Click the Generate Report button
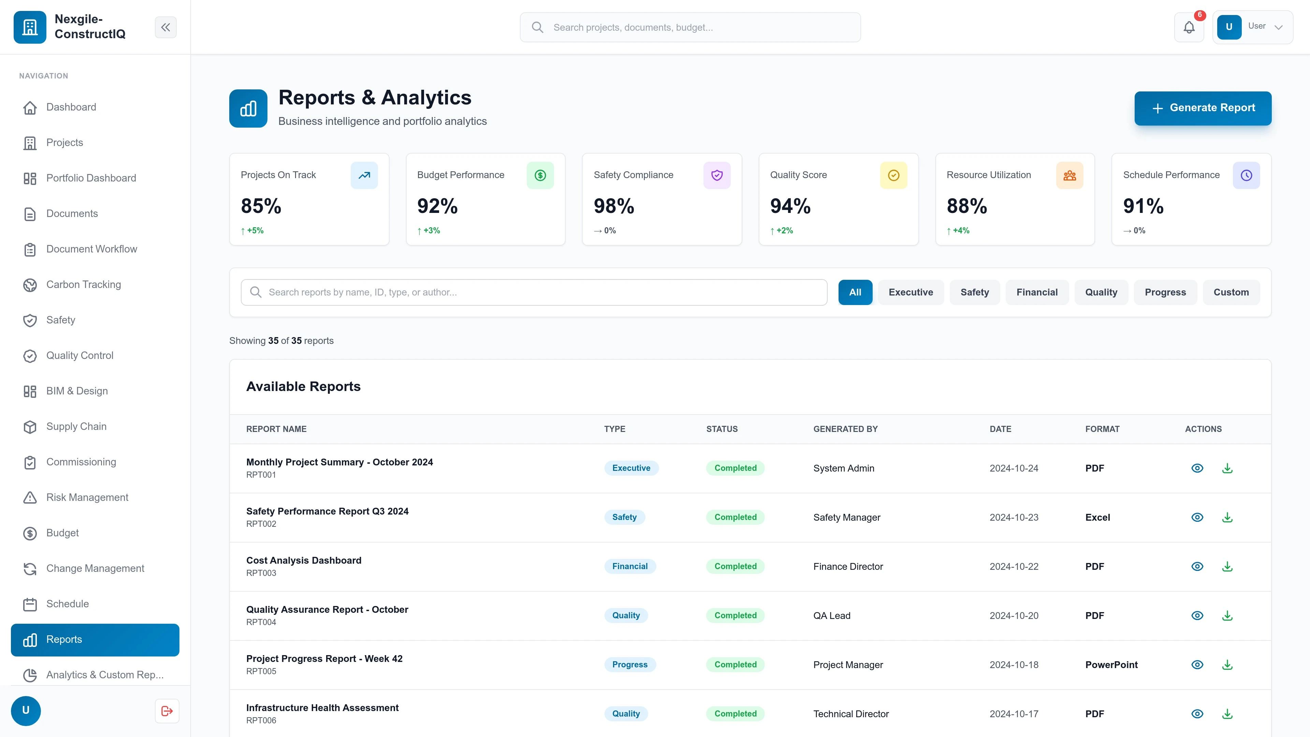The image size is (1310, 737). (x=1202, y=108)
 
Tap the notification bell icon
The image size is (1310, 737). (x=1189, y=27)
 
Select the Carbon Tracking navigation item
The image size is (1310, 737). (x=83, y=284)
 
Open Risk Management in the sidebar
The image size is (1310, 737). (x=87, y=497)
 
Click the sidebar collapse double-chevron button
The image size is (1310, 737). (x=165, y=27)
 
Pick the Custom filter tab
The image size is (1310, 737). (x=1231, y=292)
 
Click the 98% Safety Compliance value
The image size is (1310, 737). (x=614, y=206)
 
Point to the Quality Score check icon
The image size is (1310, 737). (x=893, y=175)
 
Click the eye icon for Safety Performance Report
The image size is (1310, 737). (x=1197, y=517)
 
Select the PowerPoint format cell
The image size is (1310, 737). (x=1111, y=665)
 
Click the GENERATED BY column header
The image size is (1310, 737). (x=845, y=429)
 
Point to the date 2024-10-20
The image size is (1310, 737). (x=1014, y=616)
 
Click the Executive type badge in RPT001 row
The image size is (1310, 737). (x=631, y=468)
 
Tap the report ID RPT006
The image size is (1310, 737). (x=261, y=720)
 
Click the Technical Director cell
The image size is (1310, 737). (x=851, y=713)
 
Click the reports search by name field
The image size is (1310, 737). (x=534, y=292)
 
